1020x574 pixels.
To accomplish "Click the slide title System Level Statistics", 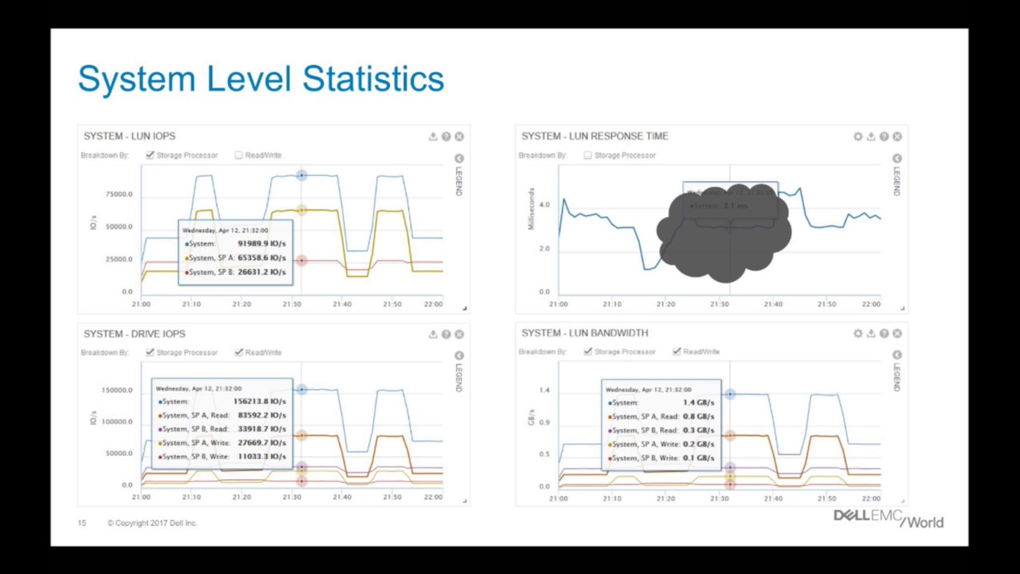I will (261, 80).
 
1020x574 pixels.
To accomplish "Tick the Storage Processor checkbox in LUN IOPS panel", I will (150, 155).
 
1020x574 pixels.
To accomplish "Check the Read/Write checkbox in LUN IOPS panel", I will (238, 155).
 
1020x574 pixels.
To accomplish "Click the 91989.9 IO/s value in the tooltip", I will (261, 244).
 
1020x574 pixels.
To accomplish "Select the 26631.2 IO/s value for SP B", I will (261, 272).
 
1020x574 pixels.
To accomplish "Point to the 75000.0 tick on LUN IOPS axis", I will (119, 195).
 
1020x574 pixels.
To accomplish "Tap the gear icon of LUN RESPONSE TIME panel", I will (857, 136).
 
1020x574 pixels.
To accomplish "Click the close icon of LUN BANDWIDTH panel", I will (897, 333).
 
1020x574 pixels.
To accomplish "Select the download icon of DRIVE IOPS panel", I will (433, 334).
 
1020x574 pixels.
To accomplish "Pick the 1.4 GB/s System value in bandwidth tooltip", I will (698, 403).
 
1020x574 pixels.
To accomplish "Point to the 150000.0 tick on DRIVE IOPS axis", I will (116, 391).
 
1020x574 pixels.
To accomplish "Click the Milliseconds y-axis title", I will (532, 209).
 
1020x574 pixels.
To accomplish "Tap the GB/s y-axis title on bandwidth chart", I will (532, 416).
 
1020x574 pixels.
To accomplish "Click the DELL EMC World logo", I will (888, 518).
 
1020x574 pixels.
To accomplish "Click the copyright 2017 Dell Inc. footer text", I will (152, 523).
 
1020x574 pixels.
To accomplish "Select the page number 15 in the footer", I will (82, 523).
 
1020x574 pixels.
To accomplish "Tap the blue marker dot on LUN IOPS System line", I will (301, 175).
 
